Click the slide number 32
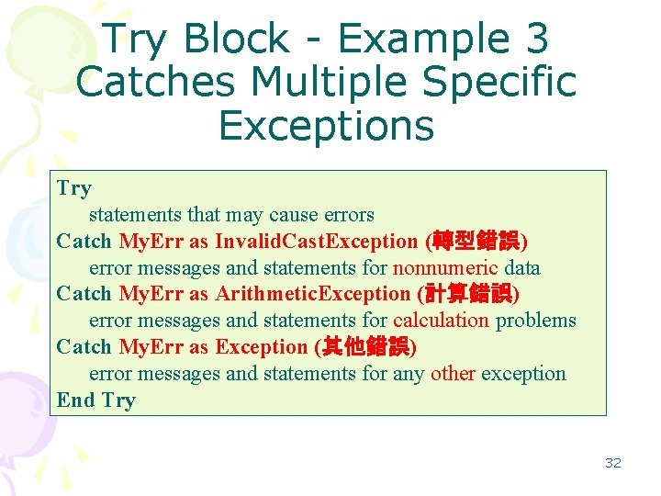coord(612,463)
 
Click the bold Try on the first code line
coord(73,188)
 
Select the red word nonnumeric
coord(445,268)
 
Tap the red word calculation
coord(442,321)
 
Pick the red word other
coord(453,374)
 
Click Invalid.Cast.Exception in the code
coord(316,242)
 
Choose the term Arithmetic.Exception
coord(312,294)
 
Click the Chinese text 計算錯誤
coord(467,294)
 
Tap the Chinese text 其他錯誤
coord(364,347)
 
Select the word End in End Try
coord(75,400)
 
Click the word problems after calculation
coord(536,321)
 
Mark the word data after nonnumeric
coord(521,268)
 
